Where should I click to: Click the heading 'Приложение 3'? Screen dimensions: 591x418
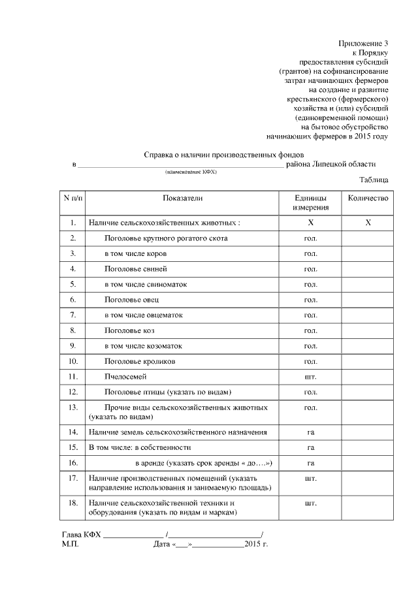tap(363, 43)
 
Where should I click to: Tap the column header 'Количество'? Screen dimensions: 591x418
tap(368, 198)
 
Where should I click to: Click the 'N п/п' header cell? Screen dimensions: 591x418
tap(73, 198)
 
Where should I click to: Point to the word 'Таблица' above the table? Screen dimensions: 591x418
tap(374, 180)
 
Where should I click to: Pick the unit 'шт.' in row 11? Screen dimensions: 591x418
tap(310, 377)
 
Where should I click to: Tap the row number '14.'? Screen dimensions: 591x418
tap(73, 432)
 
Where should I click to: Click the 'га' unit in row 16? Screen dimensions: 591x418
tap(310, 463)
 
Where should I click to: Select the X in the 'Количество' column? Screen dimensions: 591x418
tap(368, 223)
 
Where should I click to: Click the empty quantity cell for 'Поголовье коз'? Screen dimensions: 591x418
tap(368, 330)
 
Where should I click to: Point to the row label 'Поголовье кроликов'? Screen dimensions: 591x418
tap(140, 361)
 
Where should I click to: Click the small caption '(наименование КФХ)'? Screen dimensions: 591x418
tap(191, 172)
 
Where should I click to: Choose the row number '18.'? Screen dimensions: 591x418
tap(73, 503)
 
